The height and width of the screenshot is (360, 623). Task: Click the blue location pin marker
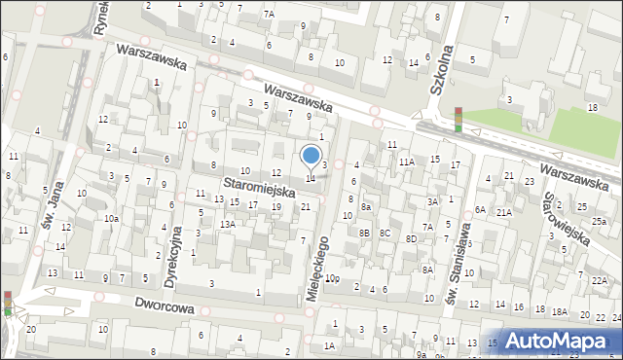(x=311, y=156)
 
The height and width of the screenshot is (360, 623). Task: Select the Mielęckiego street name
(x=319, y=264)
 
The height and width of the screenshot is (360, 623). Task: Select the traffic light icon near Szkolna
(x=458, y=119)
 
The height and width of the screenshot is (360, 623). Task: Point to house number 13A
(x=227, y=225)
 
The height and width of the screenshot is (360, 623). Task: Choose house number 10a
(x=113, y=218)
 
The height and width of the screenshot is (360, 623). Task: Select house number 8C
(x=385, y=233)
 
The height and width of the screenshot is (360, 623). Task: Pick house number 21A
(x=503, y=212)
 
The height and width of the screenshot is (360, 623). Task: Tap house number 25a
(x=600, y=222)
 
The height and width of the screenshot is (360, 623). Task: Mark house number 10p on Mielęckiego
(x=332, y=278)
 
